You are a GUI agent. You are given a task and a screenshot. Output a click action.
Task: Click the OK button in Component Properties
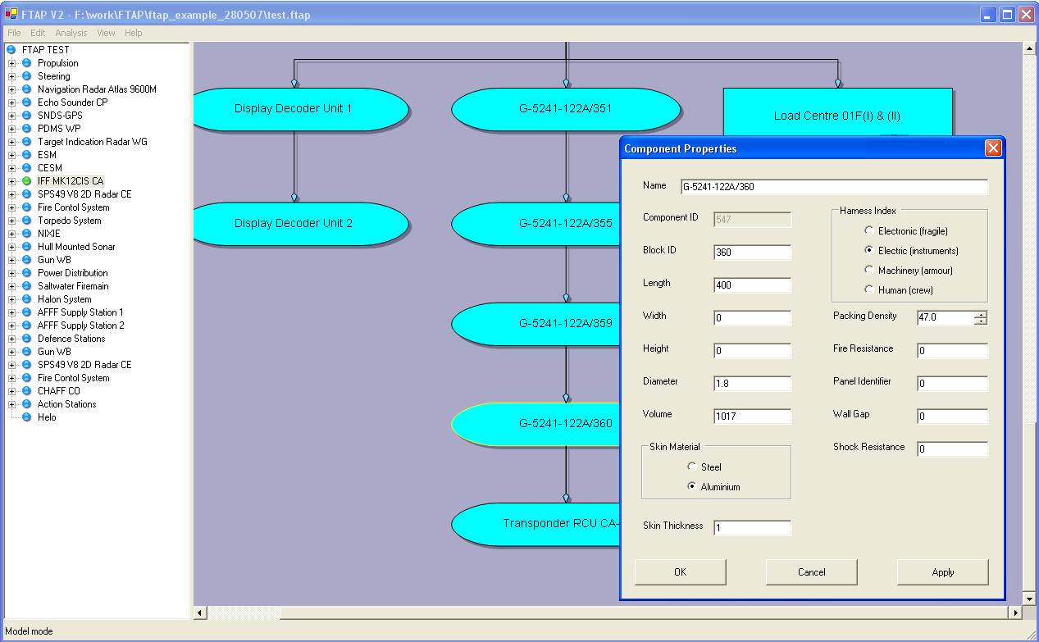680,572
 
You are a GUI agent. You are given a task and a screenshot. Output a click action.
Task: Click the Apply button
942,572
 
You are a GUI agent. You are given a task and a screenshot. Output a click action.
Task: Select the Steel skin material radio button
691,467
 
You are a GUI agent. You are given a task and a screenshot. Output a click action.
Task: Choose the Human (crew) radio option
868,289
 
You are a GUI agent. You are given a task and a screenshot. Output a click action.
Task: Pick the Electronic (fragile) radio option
868,230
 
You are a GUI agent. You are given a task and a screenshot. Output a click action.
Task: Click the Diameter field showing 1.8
752,384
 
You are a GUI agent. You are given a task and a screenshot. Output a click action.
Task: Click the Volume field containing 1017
752,416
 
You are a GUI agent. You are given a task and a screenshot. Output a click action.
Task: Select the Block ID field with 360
752,253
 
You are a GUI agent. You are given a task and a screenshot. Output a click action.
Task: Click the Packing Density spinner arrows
981,318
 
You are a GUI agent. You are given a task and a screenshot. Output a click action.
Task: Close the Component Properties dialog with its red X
993,148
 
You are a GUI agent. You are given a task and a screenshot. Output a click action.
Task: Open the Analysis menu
71,33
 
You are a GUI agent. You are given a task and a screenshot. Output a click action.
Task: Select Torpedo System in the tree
69,221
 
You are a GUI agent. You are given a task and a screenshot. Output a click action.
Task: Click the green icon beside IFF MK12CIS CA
27,181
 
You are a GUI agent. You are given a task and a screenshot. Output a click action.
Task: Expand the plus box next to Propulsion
12,63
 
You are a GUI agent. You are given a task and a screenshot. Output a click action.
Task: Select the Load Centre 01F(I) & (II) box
837,112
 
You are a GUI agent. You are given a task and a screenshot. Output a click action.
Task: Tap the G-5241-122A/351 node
565,109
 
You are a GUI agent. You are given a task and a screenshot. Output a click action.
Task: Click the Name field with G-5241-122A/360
834,186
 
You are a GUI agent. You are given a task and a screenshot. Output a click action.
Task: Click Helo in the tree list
47,417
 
